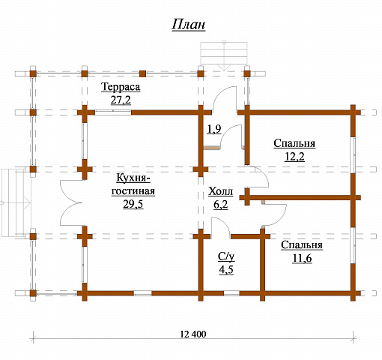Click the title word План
189,25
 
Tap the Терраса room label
121,87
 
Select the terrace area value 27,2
121,100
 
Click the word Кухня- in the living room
133,178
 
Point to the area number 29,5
133,204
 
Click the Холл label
220,191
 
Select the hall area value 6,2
221,205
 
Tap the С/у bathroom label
226,256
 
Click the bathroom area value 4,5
226,270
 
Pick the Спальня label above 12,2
294,143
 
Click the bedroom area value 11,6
302,258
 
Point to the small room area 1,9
214,129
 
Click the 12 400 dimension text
193,334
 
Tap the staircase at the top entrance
224,53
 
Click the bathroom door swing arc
223,223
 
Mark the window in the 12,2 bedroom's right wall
353,155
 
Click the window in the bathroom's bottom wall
231,293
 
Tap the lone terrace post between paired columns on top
142,73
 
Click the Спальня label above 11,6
302,245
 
